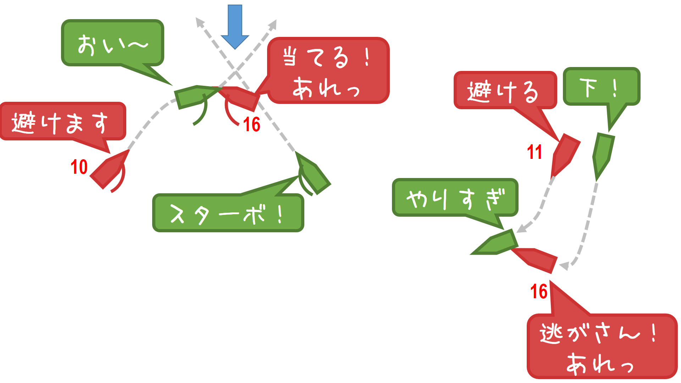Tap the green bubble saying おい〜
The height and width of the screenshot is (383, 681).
(112, 43)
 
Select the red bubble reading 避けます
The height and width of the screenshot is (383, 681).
(63, 122)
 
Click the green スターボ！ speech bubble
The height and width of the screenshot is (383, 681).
(228, 213)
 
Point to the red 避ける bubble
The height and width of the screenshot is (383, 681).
(504, 90)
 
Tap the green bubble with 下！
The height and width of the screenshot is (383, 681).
(601, 87)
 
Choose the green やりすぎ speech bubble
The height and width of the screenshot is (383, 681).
(455, 198)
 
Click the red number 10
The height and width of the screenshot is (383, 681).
(79, 167)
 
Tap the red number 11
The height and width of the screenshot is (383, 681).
(534, 152)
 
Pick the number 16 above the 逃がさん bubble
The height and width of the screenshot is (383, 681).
(538, 292)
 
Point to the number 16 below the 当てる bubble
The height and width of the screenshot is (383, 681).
(251, 124)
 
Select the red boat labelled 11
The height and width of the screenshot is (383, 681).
(565, 154)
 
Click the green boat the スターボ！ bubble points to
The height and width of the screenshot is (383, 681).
(313, 174)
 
